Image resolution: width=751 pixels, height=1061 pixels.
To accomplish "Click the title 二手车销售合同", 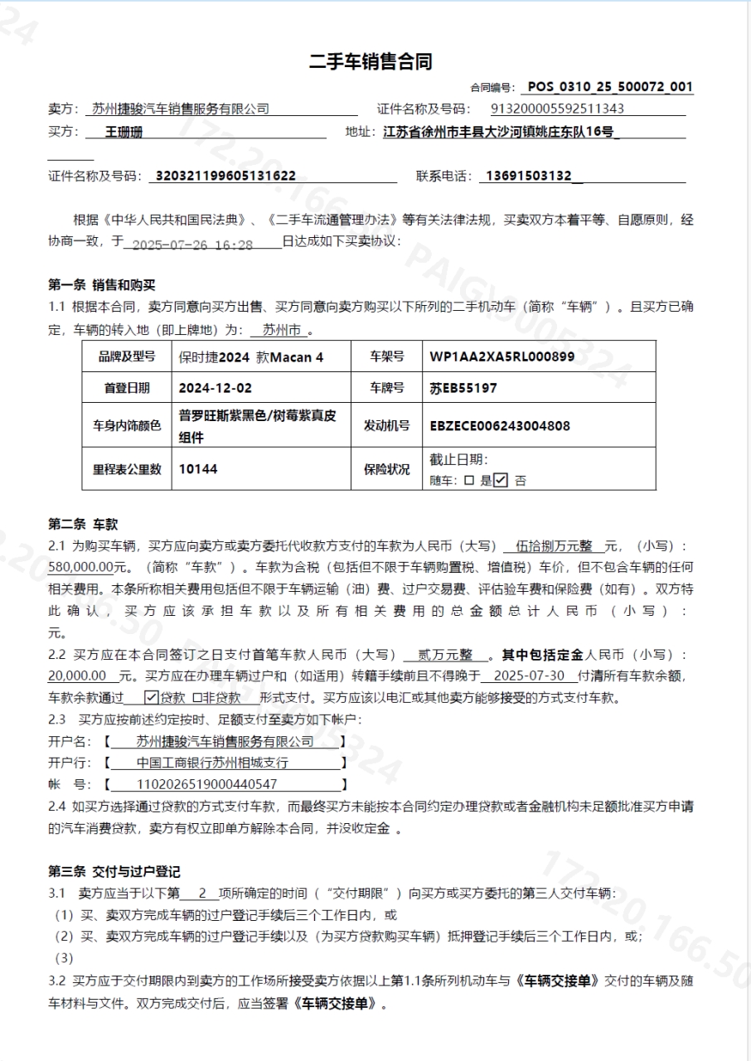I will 371,61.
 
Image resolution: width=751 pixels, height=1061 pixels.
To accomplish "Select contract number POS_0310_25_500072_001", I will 610,87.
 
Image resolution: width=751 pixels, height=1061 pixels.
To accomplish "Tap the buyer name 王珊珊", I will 124,132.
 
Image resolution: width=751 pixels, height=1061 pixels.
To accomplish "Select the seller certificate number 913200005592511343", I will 558,109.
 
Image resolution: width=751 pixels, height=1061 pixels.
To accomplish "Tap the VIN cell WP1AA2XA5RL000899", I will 501,357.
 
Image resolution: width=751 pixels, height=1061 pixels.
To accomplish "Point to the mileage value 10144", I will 198,469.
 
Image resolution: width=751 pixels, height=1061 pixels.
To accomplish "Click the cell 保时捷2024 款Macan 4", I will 251,357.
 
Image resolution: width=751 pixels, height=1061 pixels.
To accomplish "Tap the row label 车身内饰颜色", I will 127,426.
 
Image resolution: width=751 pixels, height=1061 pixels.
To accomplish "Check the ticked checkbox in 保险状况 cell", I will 500,480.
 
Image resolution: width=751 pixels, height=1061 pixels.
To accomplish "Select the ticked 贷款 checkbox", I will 152,698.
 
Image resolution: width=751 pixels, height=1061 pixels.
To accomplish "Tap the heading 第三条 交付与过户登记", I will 114,871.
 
